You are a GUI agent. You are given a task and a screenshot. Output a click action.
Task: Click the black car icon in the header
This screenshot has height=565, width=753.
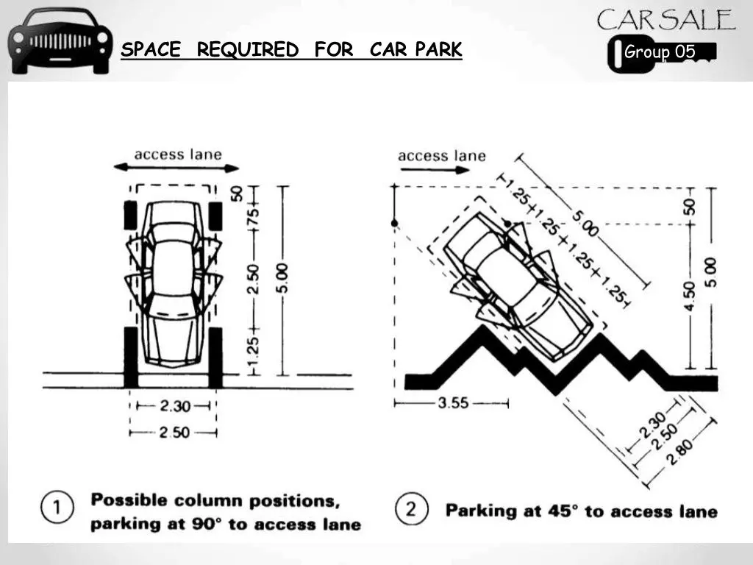tap(60, 41)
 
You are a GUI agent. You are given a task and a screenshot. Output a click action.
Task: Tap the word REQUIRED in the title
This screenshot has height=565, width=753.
tap(248, 49)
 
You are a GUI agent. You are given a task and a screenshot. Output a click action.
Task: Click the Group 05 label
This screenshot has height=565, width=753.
tap(660, 51)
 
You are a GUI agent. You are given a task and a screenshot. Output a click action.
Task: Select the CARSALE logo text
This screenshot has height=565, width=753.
tap(666, 20)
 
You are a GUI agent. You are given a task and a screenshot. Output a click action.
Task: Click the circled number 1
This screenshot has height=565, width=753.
tap(57, 507)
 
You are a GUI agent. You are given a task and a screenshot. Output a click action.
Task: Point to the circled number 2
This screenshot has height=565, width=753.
tap(412, 509)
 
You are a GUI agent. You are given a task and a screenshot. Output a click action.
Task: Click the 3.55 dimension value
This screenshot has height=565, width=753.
tap(453, 402)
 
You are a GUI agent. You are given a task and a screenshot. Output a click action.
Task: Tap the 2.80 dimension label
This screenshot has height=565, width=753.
tap(680, 452)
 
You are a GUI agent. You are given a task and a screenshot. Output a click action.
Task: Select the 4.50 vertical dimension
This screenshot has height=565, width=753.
tap(689, 296)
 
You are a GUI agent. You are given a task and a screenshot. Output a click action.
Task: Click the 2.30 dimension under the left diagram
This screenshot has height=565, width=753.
tap(175, 406)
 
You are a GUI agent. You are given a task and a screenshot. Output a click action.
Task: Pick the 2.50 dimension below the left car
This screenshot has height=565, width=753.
tap(174, 433)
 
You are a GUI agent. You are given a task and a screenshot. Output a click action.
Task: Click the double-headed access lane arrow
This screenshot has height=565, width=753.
tap(176, 168)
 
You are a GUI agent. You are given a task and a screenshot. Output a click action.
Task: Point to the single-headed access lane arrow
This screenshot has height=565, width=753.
tap(435, 170)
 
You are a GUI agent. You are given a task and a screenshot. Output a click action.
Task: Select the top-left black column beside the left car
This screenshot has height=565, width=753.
tap(131, 216)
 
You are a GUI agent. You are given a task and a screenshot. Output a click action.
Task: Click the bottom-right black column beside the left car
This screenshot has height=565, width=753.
tap(215, 358)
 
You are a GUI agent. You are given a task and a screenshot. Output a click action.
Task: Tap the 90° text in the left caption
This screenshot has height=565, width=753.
tap(207, 523)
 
